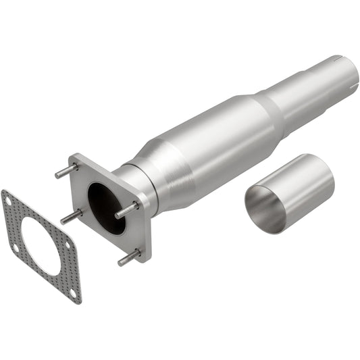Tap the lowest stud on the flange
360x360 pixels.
[129, 257]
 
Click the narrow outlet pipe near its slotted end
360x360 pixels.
[317, 84]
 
